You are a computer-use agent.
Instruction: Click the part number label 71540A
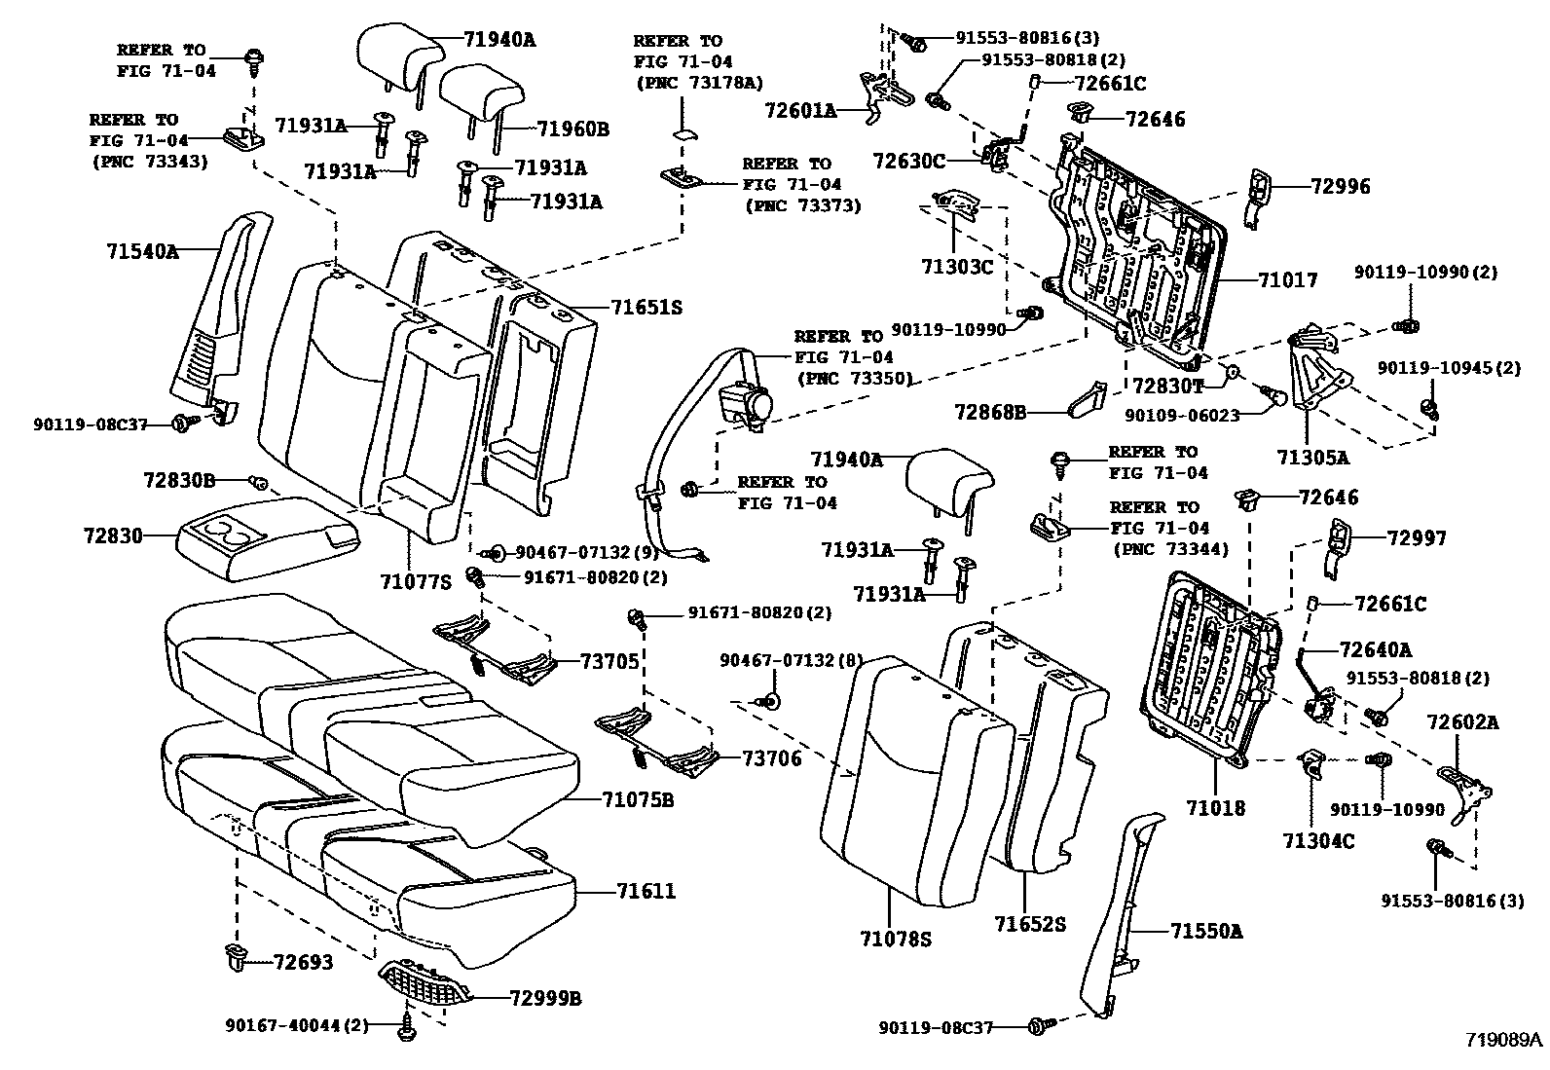[142, 251]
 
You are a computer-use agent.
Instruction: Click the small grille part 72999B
[425, 983]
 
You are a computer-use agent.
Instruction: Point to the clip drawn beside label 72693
[234, 959]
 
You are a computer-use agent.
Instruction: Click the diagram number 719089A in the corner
[1504, 1039]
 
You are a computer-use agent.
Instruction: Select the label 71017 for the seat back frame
[1287, 281]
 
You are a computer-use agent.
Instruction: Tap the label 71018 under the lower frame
[1215, 808]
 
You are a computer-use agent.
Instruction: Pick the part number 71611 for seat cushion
[646, 891]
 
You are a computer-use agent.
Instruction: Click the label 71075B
[638, 799]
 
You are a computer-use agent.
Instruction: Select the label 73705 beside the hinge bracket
[610, 662]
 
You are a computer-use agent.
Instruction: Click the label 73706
[772, 758]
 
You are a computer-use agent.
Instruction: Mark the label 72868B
[990, 413]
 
